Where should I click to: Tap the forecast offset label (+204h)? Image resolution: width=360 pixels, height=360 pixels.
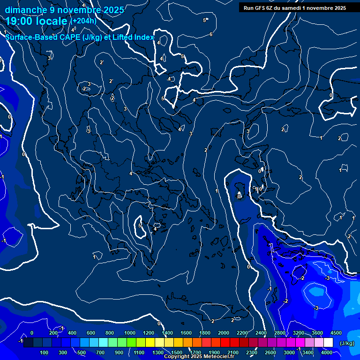(83, 21)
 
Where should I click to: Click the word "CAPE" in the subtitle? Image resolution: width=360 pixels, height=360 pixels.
(70, 37)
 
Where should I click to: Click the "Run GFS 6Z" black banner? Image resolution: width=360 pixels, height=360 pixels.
(295, 7)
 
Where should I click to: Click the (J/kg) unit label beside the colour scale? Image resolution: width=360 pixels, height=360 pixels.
(346, 344)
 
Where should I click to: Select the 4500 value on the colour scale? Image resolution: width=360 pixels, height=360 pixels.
(336, 333)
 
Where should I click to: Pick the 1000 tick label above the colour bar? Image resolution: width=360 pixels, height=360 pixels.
(129, 333)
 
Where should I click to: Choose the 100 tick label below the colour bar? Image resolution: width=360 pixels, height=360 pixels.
(45, 352)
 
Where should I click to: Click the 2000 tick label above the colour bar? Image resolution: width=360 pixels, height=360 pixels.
(224, 333)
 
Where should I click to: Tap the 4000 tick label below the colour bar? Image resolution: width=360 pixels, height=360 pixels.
(327, 352)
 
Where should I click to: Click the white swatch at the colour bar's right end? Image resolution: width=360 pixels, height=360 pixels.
(328, 343)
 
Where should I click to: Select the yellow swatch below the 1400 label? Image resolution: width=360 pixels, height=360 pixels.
(167, 343)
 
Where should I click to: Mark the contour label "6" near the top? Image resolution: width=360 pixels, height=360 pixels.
(211, 34)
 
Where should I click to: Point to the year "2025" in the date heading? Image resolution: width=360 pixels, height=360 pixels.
(114, 10)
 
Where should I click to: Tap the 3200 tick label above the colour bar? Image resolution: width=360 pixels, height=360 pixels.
(299, 333)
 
